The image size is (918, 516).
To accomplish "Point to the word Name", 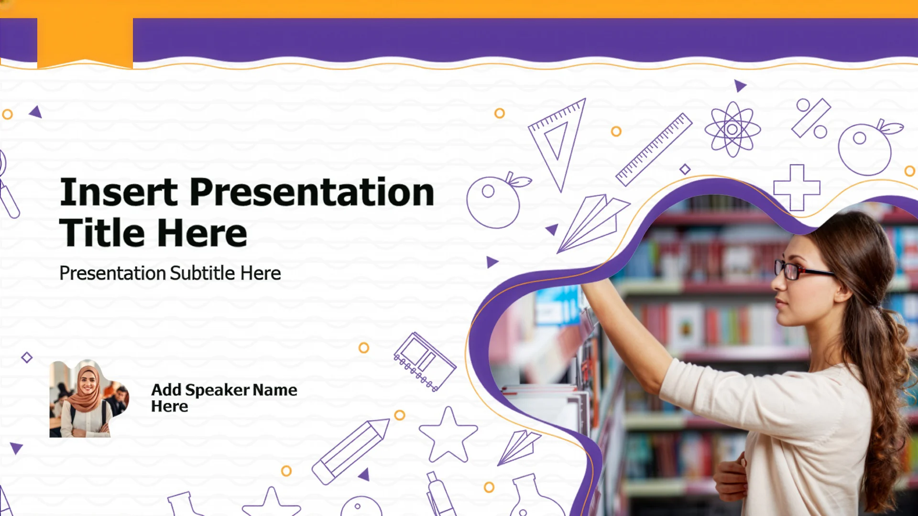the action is tap(275, 390).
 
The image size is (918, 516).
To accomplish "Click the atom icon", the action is tap(732, 129).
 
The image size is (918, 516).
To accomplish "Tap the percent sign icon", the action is tap(811, 118).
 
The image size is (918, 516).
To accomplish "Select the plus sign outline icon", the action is tap(797, 188).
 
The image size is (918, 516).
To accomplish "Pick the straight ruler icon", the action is tap(654, 150).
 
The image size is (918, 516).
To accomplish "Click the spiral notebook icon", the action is tap(425, 362).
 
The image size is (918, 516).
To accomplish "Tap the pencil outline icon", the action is tap(350, 451).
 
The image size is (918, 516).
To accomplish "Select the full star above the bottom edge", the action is tap(448, 435).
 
